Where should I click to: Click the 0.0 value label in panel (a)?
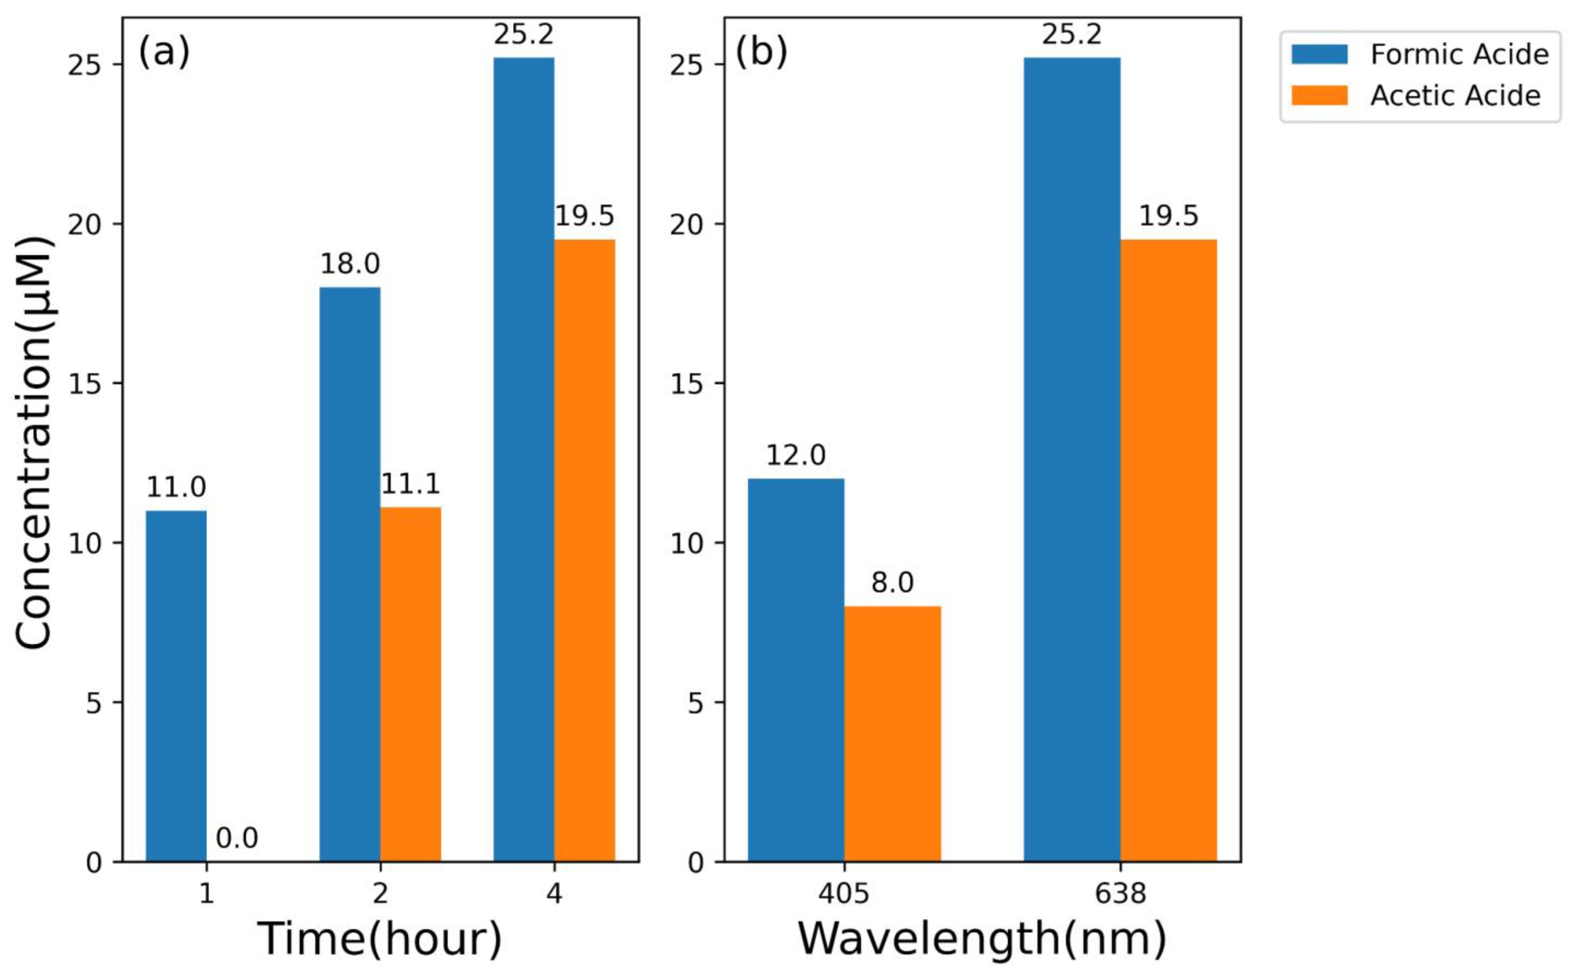(x=237, y=838)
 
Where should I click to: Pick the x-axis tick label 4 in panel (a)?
(x=554, y=893)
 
